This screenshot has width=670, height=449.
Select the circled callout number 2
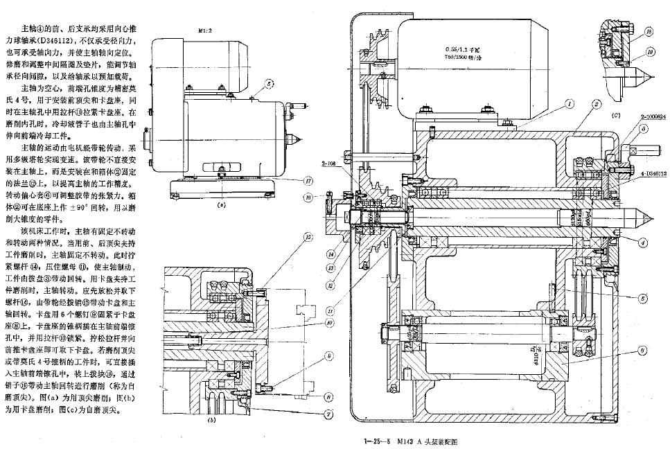[595, 104]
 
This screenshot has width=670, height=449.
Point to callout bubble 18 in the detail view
[648, 32]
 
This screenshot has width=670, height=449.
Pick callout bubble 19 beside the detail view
[648, 51]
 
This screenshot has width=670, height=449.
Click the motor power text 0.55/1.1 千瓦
[472, 49]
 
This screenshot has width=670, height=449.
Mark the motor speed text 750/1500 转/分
[473, 58]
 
